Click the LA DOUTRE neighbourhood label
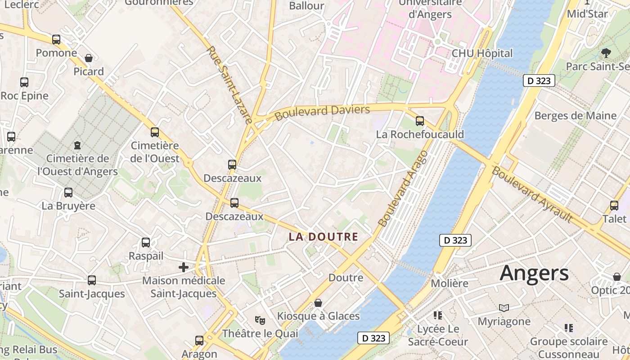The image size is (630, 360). [324, 237]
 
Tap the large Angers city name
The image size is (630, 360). [534, 273]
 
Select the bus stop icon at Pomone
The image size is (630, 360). [56, 40]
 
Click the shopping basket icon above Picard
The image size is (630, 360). [89, 58]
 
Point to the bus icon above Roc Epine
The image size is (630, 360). [24, 82]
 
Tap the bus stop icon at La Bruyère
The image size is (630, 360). [68, 193]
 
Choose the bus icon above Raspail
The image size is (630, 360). [146, 243]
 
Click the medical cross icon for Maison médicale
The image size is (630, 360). [184, 267]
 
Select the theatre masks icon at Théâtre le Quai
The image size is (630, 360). [260, 320]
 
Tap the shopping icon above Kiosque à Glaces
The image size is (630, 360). [318, 303]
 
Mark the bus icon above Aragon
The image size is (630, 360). [199, 341]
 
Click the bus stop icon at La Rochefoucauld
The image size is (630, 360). [420, 121]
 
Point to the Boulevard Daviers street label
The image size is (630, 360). [322, 112]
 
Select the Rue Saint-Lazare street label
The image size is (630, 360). [229, 85]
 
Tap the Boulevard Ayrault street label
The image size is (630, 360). [532, 194]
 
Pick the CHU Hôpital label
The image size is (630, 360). [482, 53]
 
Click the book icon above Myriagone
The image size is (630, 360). [504, 308]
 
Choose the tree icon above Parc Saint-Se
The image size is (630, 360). [606, 53]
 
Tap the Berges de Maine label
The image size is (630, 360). [575, 116]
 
